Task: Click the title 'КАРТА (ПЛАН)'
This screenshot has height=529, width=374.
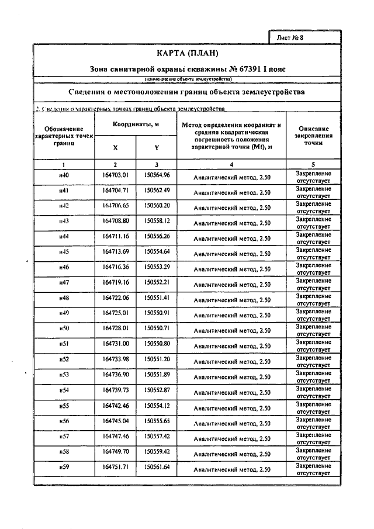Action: tap(187, 54)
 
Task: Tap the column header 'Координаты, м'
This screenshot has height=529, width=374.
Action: tap(136, 125)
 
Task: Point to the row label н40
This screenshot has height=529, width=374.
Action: tap(64, 175)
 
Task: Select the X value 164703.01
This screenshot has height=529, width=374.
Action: tap(115, 175)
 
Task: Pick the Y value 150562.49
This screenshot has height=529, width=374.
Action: tap(157, 191)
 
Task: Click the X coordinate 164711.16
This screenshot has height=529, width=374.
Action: tap(115, 236)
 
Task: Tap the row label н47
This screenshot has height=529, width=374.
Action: tap(64, 282)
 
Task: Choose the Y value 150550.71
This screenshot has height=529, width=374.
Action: tap(157, 329)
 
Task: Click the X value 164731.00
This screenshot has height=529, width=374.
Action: tap(115, 344)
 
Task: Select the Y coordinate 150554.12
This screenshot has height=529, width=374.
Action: tap(157, 405)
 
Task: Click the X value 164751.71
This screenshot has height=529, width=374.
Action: tap(115, 466)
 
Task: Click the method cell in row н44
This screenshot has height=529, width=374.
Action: tap(232, 238)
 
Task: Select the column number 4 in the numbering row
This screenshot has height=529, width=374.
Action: tap(232, 165)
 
